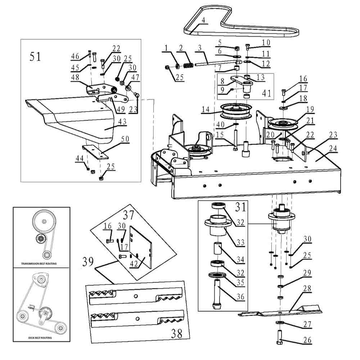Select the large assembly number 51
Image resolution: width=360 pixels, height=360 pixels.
tap(35, 57)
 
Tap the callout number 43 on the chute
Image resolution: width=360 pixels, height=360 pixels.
tap(122, 122)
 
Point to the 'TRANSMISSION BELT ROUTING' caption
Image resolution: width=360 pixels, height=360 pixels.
tap(41, 264)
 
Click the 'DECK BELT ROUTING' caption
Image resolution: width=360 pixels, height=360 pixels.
tap(40, 338)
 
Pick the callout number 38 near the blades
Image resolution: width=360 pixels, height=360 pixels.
tap(176, 333)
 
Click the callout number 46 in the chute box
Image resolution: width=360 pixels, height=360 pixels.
tap(75, 56)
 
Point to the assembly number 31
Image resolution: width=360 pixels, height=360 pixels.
tap(240, 208)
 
